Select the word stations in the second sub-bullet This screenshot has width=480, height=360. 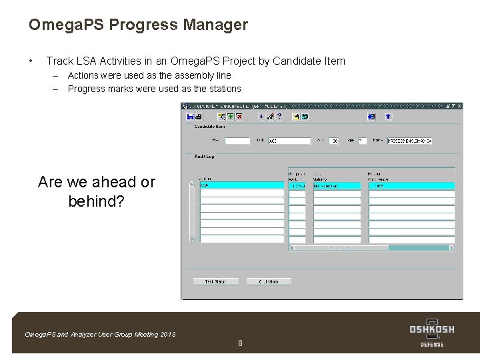pos(225,89)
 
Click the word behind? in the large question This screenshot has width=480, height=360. pos(96,201)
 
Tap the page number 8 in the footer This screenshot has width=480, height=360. pos(240,343)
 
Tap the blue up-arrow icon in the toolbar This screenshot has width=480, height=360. pos(388,117)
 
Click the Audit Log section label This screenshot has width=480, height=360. pos(204,157)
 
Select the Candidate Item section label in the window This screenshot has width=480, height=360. pos(209,127)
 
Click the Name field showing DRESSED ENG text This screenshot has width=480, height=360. pos(409,141)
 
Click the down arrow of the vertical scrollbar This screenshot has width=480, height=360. pos(192,238)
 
